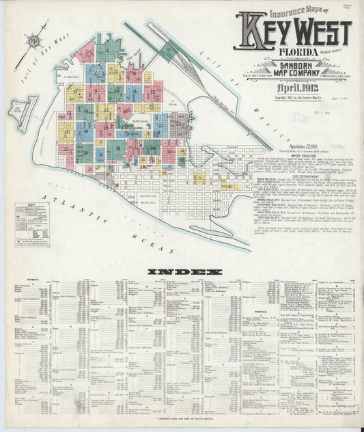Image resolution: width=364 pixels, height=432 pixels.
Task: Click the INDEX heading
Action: point(185,272)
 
